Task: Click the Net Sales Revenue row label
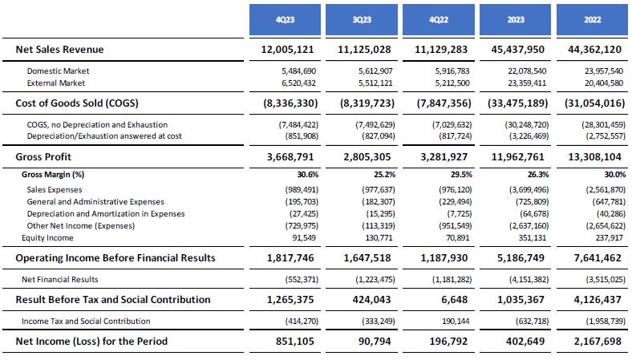pos(60,50)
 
